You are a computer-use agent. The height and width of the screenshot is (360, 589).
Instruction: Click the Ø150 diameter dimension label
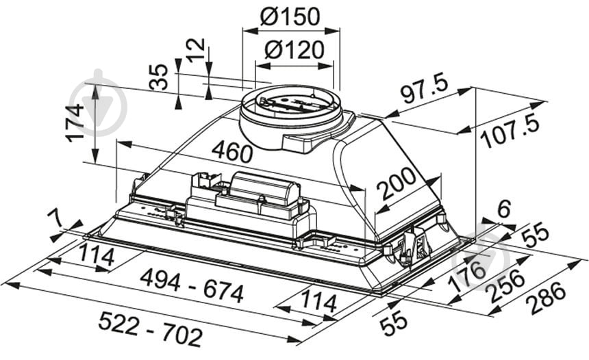[292, 16]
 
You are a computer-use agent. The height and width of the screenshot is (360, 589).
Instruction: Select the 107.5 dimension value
[510, 131]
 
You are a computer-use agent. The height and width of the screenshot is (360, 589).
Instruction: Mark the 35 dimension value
[160, 77]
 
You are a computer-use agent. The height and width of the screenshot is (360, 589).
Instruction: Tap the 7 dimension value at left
[58, 220]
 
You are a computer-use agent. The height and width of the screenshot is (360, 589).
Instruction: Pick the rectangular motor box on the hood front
[264, 192]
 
